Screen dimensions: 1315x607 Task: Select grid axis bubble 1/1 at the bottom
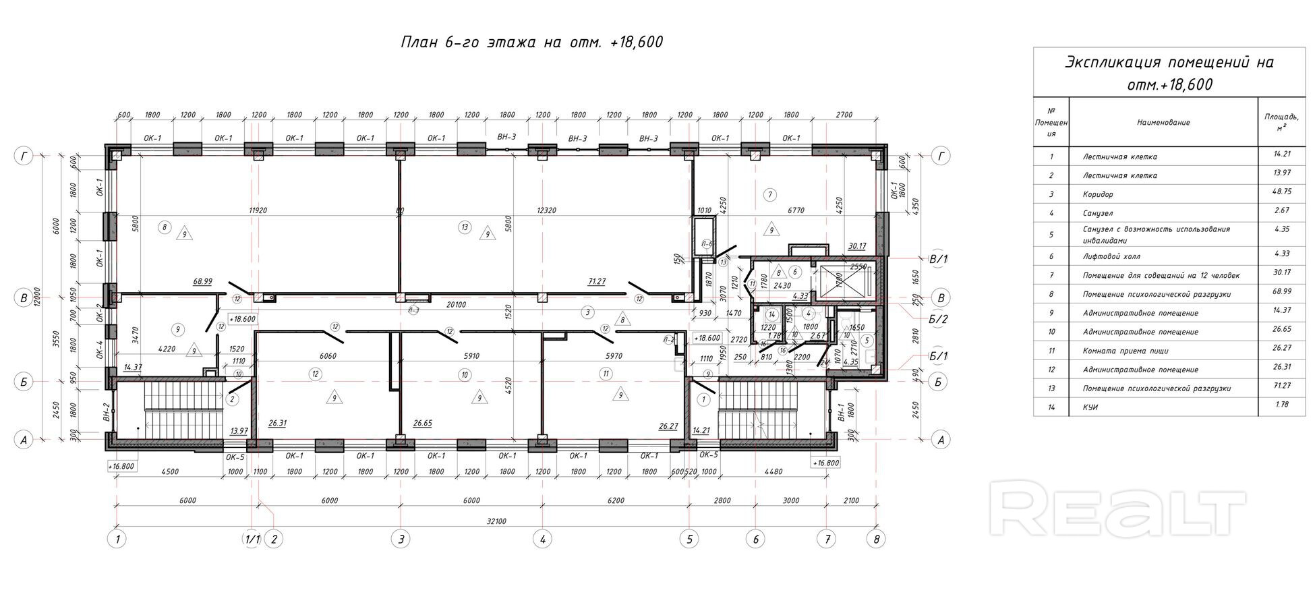252,539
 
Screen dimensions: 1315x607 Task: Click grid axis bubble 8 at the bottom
876,539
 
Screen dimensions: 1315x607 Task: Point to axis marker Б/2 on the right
938,320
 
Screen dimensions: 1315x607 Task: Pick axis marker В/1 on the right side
938,259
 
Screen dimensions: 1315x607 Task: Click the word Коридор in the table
1098,194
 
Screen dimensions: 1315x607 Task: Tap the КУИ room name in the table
1090,407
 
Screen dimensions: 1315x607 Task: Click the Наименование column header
1163,123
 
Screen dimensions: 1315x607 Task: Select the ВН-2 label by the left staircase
107,412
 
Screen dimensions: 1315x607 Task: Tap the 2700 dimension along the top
844,115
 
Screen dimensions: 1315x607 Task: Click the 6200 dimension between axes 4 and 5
615,500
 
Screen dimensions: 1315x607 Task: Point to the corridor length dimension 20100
457,305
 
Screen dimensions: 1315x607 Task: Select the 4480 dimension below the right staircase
773,471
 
